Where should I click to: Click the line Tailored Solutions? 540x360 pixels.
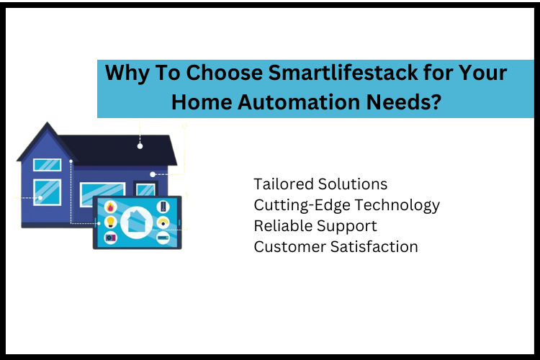point(320,184)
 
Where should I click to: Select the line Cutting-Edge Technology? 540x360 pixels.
point(346,204)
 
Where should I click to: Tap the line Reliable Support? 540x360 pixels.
point(315,225)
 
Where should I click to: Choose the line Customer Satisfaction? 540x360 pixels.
point(336,246)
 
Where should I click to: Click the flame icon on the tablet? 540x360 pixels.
point(110,207)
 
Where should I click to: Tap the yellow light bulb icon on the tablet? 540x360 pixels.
point(110,222)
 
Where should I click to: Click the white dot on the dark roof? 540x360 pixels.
point(140,146)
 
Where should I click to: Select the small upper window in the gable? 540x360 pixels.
point(48,164)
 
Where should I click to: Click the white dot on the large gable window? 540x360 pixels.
point(40,197)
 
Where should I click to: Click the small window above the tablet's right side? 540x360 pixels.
point(146,190)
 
